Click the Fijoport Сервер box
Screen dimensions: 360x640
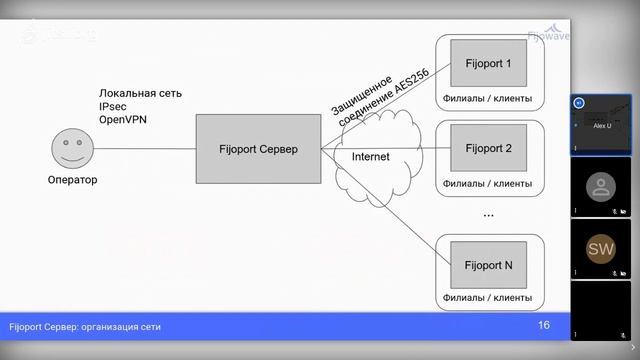pos(258,149)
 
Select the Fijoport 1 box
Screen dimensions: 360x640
pos(488,64)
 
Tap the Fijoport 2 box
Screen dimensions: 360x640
pos(488,149)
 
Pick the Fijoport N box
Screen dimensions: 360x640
pos(488,265)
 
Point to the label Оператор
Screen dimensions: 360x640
pos(73,180)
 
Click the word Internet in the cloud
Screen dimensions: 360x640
pos(370,157)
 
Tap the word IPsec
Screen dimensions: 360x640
pos(113,106)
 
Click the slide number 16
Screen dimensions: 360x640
pos(544,325)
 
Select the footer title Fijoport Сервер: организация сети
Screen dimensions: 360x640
pos(85,327)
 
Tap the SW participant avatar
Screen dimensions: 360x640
pos(600,248)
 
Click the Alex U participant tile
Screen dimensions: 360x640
pos(600,124)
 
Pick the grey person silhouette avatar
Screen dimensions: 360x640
pos(600,186)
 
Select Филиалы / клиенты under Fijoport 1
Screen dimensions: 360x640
pos(487,99)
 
